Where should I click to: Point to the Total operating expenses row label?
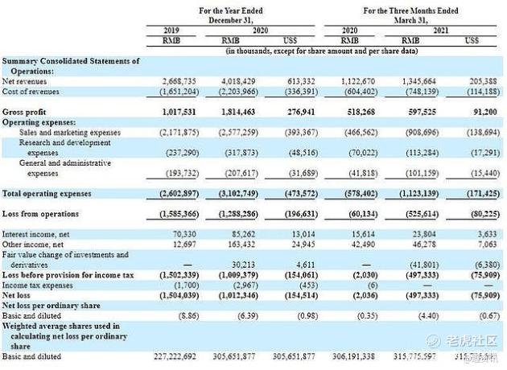(x=47, y=194)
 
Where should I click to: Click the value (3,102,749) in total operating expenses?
(x=230, y=194)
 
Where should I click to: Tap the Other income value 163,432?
(x=235, y=245)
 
